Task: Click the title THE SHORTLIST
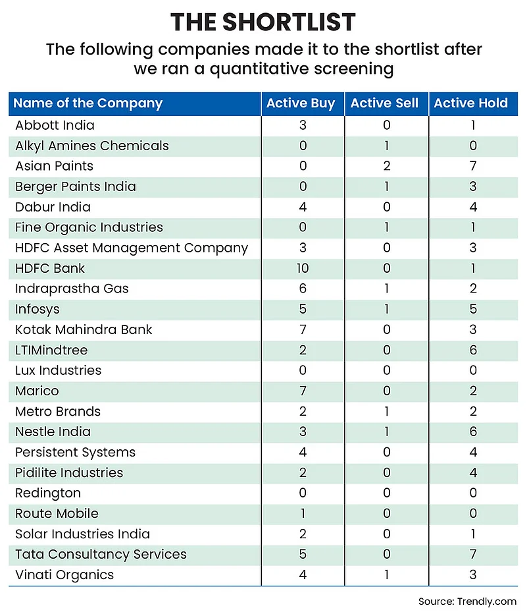pos(263,22)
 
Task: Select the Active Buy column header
pos(301,103)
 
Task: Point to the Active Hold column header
pos(471,103)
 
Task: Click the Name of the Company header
pos(88,103)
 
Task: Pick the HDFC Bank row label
pos(50,268)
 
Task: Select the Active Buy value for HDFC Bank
pos(303,268)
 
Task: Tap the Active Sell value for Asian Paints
pos(386,166)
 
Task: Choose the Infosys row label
pos(38,309)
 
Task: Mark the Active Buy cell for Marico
pos(303,391)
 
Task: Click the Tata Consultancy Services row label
pos(101,554)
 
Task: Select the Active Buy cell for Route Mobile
pos(303,513)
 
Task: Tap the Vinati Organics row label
pos(64,574)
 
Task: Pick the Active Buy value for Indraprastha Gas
pos(303,289)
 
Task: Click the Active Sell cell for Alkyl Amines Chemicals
pos(386,146)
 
